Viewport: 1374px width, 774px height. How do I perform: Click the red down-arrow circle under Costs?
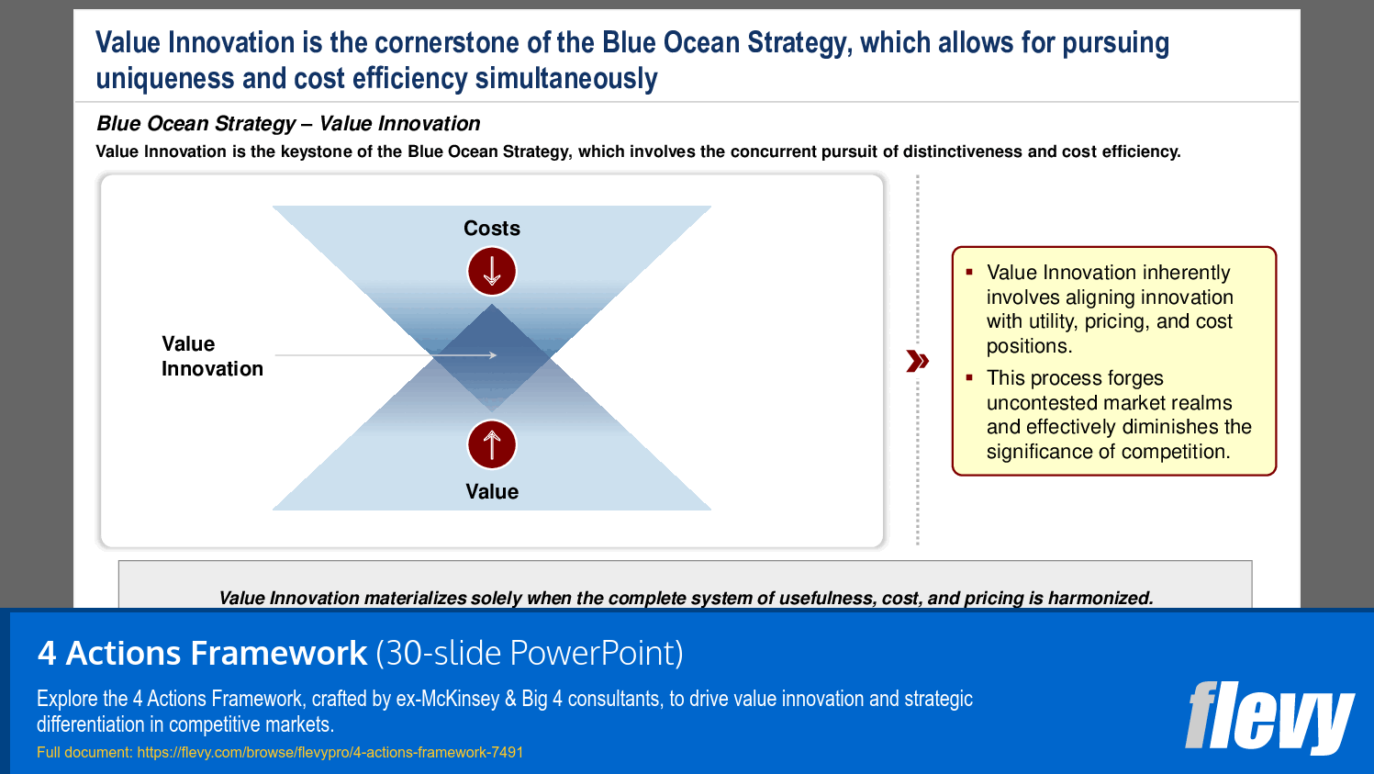[492, 271]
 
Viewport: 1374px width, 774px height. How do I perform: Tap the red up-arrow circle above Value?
[492, 444]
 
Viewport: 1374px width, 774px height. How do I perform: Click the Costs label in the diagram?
[492, 229]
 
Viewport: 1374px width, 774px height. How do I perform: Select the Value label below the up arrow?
[492, 491]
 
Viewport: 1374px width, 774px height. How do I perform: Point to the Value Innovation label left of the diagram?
[212, 356]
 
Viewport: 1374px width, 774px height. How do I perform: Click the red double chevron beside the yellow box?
[918, 361]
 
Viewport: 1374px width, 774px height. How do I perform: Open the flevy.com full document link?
[330, 753]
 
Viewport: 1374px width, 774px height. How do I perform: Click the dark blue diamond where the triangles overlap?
[492, 358]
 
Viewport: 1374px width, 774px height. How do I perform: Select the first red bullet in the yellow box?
[969, 271]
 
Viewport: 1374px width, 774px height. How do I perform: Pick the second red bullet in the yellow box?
[969, 377]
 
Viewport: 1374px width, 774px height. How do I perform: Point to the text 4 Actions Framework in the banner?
[203, 653]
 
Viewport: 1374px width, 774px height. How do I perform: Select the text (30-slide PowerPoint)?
[530, 653]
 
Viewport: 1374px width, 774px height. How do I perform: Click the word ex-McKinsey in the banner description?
[448, 699]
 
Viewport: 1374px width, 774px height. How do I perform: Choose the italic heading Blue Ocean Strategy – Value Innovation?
[288, 123]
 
